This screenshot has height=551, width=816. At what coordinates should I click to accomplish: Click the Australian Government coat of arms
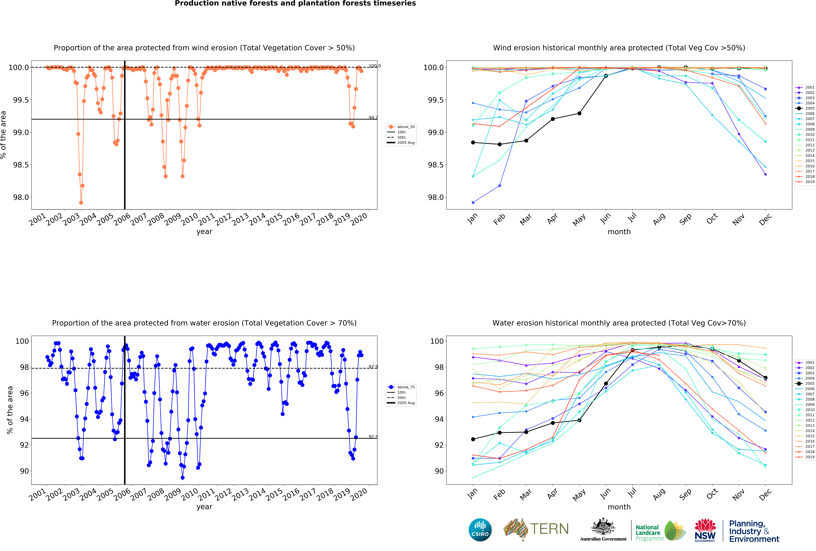pos(603,526)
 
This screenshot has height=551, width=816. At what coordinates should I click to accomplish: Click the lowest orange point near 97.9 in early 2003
pos(81,202)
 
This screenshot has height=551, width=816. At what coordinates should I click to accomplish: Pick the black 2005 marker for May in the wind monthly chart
pos(579,113)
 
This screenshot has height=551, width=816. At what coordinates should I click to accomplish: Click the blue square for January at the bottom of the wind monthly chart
pos(473,202)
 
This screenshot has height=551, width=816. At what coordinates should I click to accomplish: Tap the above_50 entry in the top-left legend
pos(406,127)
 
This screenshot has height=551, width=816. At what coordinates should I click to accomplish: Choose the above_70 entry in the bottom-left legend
pos(406,387)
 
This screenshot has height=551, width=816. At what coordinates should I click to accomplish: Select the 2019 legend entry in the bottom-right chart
pos(809,457)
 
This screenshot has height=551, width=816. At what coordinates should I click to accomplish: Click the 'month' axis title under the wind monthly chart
pos(619,232)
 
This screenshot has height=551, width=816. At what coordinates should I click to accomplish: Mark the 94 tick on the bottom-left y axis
pos(25,419)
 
